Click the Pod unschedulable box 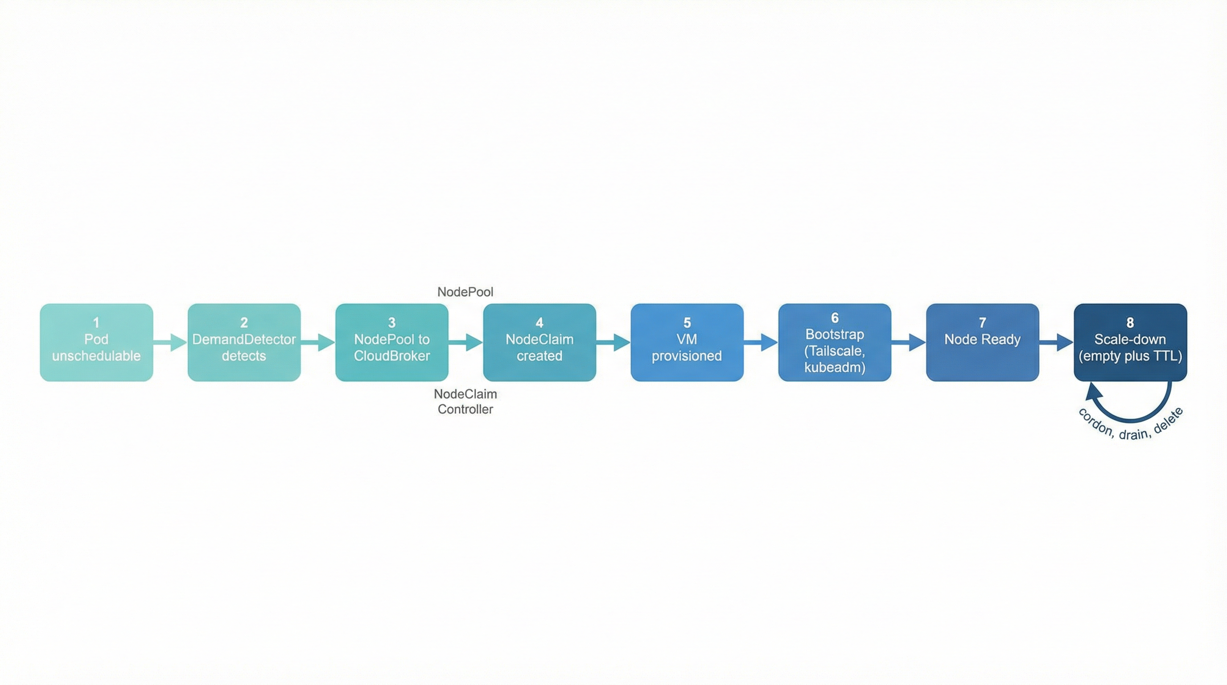pyautogui.click(x=96, y=342)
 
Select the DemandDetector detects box pyautogui.click(x=244, y=342)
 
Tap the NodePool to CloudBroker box pyautogui.click(x=391, y=342)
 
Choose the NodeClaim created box pyautogui.click(x=539, y=342)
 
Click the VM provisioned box pyautogui.click(x=687, y=342)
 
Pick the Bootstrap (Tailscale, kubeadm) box pyautogui.click(x=835, y=342)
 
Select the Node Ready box pyautogui.click(x=982, y=342)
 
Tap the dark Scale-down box pyautogui.click(x=1130, y=342)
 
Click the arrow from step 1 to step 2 pyautogui.click(x=170, y=342)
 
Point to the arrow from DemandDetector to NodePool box pyautogui.click(x=318, y=342)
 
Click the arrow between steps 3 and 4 pyautogui.click(x=466, y=342)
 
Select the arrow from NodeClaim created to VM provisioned pyautogui.click(x=613, y=342)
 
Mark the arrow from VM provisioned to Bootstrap pyautogui.click(x=761, y=342)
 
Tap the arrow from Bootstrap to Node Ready pyautogui.click(x=909, y=342)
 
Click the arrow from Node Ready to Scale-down pyautogui.click(x=1057, y=342)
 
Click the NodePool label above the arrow pyautogui.click(x=465, y=292)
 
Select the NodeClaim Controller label pyautogui.click(x=465, y=401)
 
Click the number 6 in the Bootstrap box pyautogui.click(x=835, y=318)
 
